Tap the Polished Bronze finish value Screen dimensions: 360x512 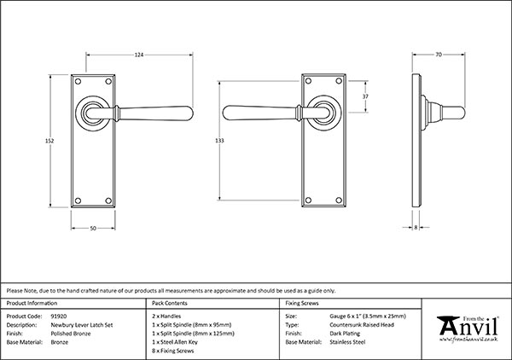pyautogui.click(x=70, y=333)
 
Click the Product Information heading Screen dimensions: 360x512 pyautogui.click(x=32, y=303)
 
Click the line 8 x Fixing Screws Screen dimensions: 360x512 pyautogui.click(x=173, y=350)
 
